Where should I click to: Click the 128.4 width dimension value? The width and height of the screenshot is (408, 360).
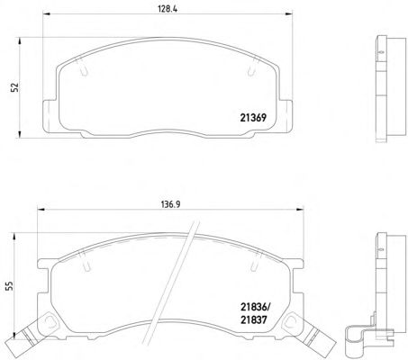(x=168, y=9)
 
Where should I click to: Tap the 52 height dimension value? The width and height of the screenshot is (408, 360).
(x=14, y=87)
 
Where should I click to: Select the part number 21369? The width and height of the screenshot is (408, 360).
(x=253, y=118)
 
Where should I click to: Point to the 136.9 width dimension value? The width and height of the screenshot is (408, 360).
(x=170, y=204)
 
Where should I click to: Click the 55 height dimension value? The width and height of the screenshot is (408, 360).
(x=9, y=285)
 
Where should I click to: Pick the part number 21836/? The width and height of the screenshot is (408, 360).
(x=256, y=307)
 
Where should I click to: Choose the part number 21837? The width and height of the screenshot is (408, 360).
(x=253, y=319)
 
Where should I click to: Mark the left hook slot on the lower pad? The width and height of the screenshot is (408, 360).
(x=85, y=262)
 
